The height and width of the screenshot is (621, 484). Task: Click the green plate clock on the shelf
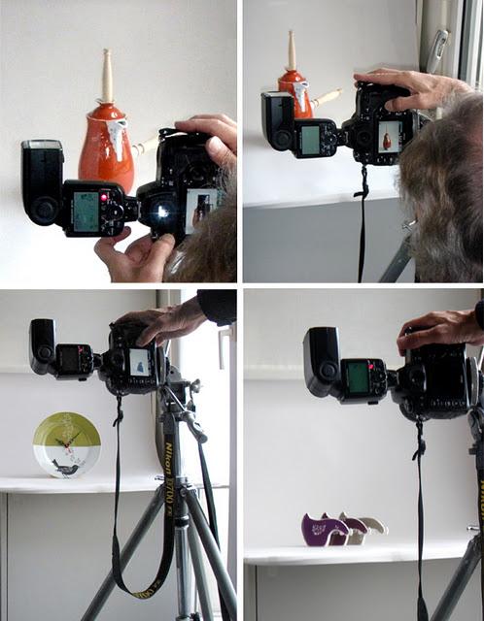(66, 445)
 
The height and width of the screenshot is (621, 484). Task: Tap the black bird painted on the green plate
(67, 468)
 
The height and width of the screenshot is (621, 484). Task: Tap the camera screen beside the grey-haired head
(389, 136)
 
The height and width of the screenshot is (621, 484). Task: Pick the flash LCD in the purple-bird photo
(359, 377)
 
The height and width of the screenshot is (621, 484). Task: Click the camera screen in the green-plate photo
(140, 363)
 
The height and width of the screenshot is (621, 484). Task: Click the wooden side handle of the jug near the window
(327, 97)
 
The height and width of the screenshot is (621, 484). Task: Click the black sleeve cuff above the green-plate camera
(217, 307)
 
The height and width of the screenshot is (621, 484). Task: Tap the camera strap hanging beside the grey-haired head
(363, 223)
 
